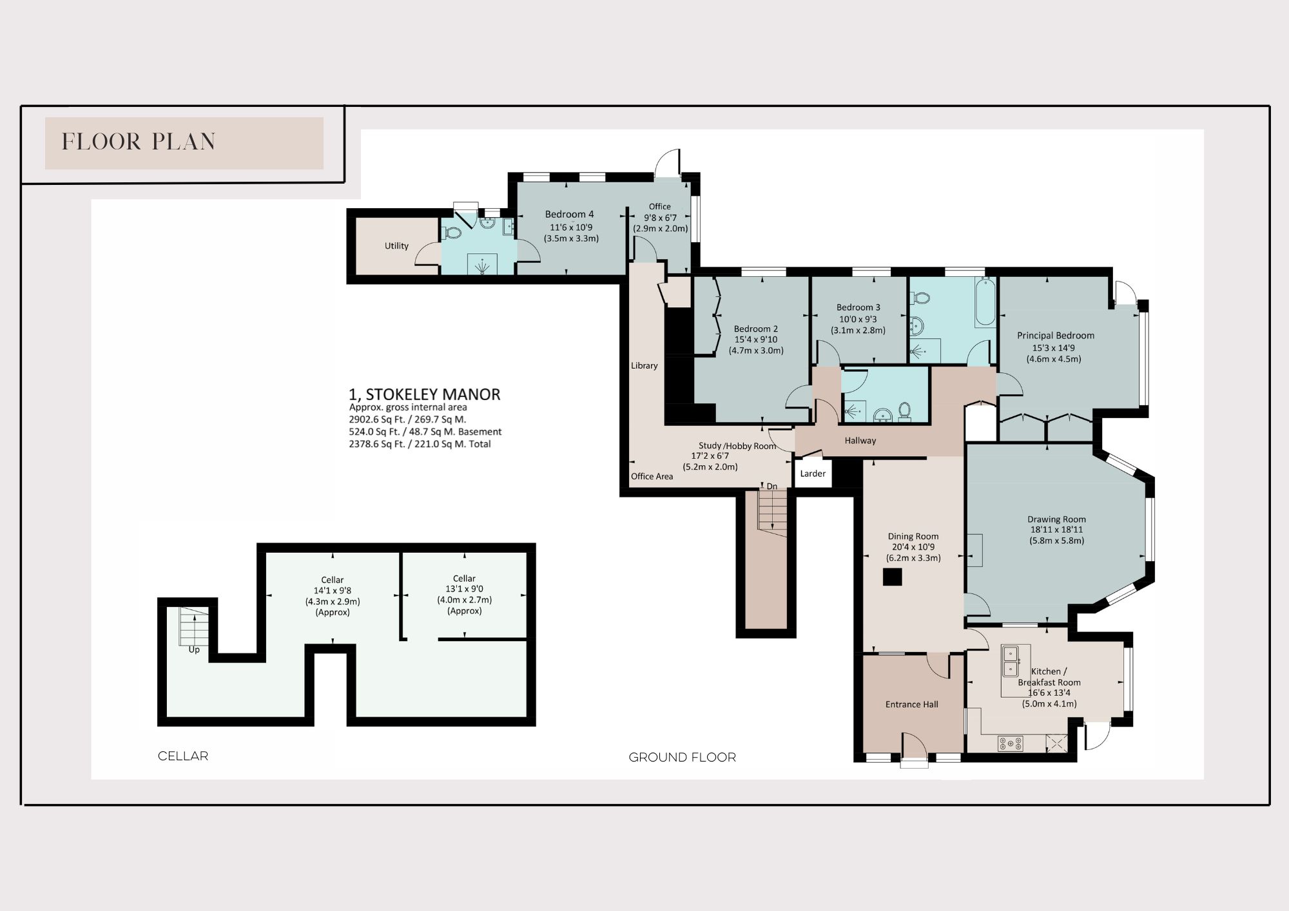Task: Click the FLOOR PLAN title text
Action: [x=139, y=142]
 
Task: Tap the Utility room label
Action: [x=396, y=245]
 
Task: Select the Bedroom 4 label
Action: [x=569, y=214]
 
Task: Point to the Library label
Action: [x=644, y=365]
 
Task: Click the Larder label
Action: [x=813, y=474]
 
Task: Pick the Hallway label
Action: [x=860, y=441]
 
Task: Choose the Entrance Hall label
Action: [x=911, y=704]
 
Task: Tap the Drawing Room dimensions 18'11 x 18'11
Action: [x=1056, y=530]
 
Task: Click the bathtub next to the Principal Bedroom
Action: [x=985, y=303]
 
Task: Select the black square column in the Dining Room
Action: [x=892, y=577]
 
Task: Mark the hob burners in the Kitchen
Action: [x=1011, y=743]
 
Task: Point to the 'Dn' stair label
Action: [x=772, y=486]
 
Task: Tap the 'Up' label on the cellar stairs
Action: [x=194, y=649]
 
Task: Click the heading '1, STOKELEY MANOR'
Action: [x=425, y=394]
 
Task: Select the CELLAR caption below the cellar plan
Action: [x=183, y=756]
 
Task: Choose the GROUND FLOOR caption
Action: [x=683, y=757]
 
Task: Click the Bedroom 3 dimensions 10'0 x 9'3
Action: [x=858, y=319]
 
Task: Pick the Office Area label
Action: [x=652, y=476]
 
